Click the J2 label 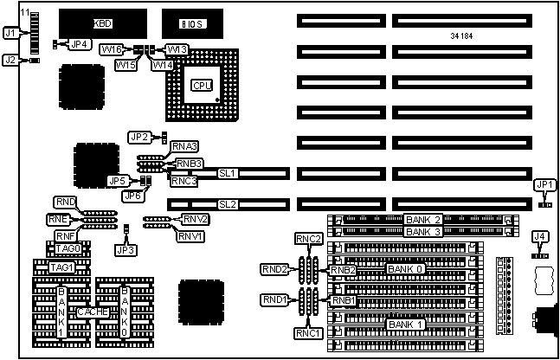(10, 60)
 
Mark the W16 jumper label (113, 49)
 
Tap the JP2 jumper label (139, 137)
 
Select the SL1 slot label (227, 174)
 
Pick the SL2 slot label (227, 204)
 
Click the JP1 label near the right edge (543, 183)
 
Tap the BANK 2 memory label (423, 220)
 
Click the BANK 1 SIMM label (408, 324)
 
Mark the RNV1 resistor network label (190, 236)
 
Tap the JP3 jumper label (126, 249)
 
